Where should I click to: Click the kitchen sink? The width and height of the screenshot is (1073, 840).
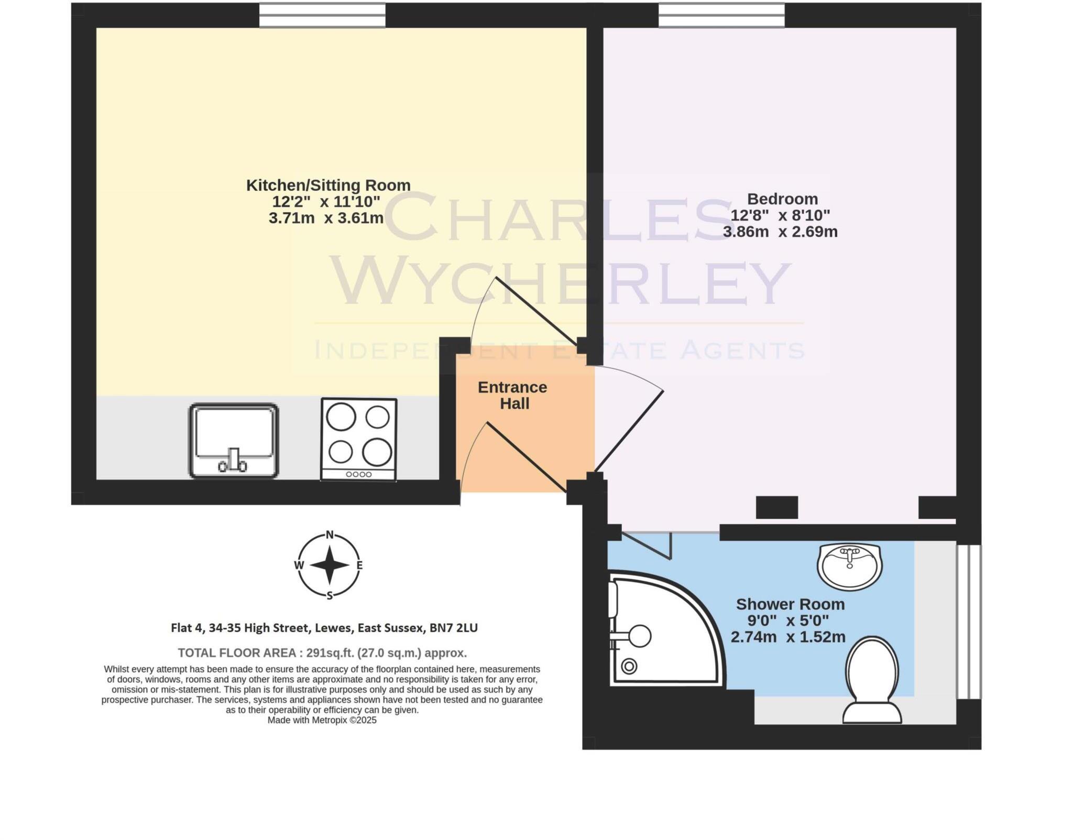click(x=233, y=441)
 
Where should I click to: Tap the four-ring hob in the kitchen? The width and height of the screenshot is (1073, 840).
click(x=359, y=439)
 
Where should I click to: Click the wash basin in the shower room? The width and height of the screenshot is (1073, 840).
click(x=850, y=566)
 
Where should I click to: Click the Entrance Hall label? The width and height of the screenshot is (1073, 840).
click(x=513, y=395)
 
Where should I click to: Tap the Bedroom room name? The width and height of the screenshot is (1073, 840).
click(x=782, y=199)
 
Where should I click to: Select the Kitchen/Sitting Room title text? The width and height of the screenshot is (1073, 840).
click(x=328, y=185)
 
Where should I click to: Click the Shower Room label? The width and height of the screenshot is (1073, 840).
click(x=790, y=604)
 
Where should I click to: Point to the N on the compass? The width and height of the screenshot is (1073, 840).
click(x=330, y=534)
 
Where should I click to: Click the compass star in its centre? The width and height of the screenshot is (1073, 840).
click(x=330, y=565)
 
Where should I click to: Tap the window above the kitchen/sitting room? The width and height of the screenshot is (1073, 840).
click(x=322, y=15)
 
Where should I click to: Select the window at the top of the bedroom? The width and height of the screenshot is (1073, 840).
click(x=721, y=15)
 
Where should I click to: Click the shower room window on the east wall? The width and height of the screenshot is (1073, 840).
click(x=969, y=621)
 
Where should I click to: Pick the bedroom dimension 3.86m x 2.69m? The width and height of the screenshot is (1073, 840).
click(x=780, y=232)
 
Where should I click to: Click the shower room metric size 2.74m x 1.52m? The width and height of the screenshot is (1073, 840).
click(x=788, y=637)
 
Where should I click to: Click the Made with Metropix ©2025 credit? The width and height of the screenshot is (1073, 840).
click(x=322, y=721)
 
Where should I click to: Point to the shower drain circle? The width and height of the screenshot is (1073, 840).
click(x=629, y=667)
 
